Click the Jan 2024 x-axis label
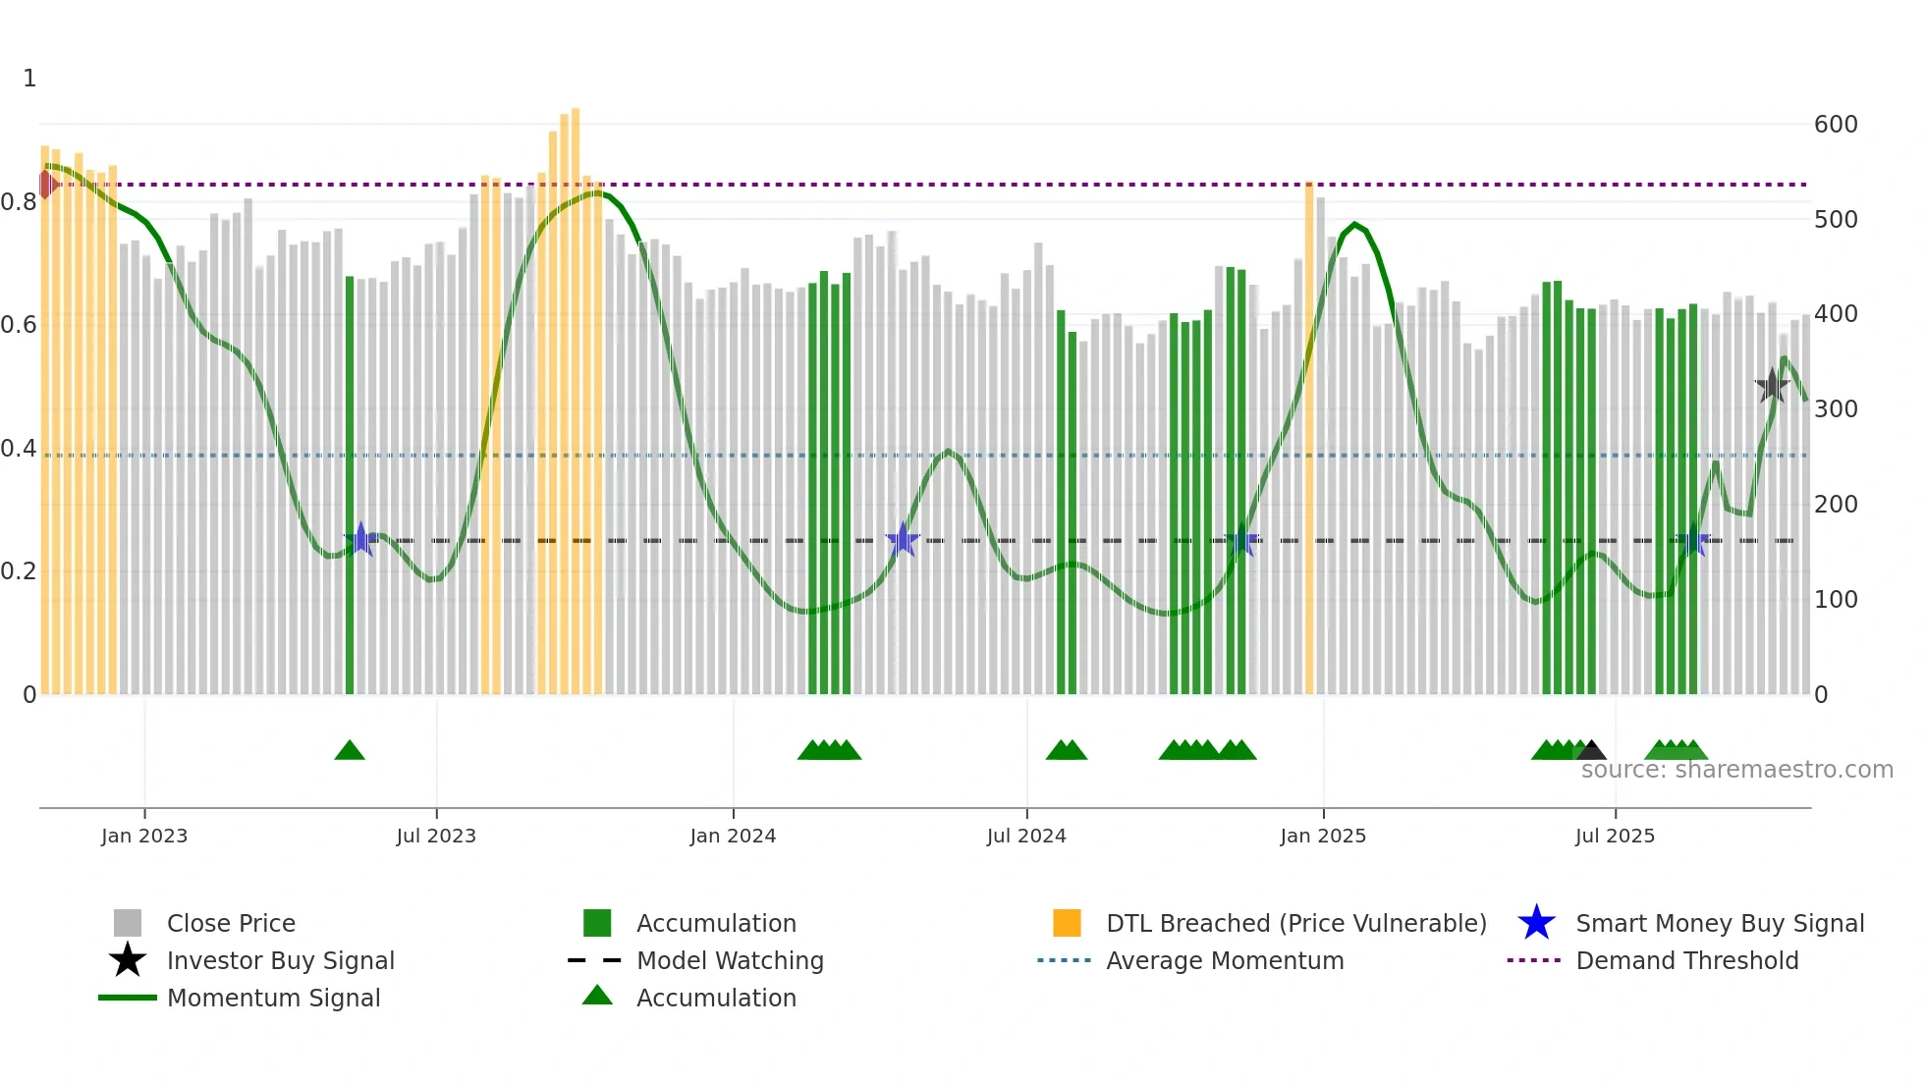pyautogui.click(x=733, y=836)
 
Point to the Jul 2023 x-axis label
pyautogui.click(x=436, y=836)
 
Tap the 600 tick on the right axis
pyautogui.click(x=1835, y=125)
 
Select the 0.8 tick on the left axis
pyautogui.click(x=19, y=202)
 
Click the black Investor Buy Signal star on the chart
pyautogui.click(x=1772, y=386)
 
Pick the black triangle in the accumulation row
pyautogui.click(x=1591, y=751)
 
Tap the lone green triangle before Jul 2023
pyautogui.click(x=350, y=751)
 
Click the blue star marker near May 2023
pyautogui.click(x=360, y=539)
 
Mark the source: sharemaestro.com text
pyautogui.click(x=1736, y=770)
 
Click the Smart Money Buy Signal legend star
pyautogui.click(x=1536, y=923)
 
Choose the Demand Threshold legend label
pyautogui.click(x=1686, y=960)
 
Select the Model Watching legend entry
pyautogui.click(x=730, y=960)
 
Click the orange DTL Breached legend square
pyautogui.click(x=1067, y=923)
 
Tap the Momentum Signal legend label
pyautogui.click(x=273, y=998)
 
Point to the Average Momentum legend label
pyautogui.click(x=1225, y=960)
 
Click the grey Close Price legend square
pyautogui.click(x=128, y=923)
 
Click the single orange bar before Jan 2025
pyautogui.click(x=1309, y=437)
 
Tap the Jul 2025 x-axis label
pyautogui.click(x=1615, y=836)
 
